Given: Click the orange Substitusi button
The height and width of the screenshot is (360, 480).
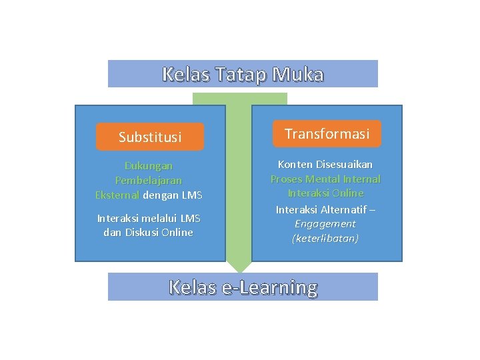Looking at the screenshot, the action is click(150, 137).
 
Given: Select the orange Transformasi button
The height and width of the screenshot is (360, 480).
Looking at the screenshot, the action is click(327, 134).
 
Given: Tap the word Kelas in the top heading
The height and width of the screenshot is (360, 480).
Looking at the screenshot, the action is click(185, 75).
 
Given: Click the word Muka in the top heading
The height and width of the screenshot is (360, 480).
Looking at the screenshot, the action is click(298, 75).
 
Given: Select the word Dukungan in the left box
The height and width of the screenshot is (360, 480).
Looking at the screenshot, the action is click(149, 166).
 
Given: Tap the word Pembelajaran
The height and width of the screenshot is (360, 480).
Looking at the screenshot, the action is click(149, 181).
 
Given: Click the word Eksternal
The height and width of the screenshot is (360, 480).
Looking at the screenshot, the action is click(117, 195).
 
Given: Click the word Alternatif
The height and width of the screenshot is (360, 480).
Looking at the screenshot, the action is click(341, 209).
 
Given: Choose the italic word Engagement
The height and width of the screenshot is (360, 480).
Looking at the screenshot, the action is click(325, 224).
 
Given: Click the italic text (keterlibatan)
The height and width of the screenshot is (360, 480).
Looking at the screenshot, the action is click(325, 239).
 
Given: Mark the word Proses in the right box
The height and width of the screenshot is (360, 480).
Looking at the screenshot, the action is click(285, 179).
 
